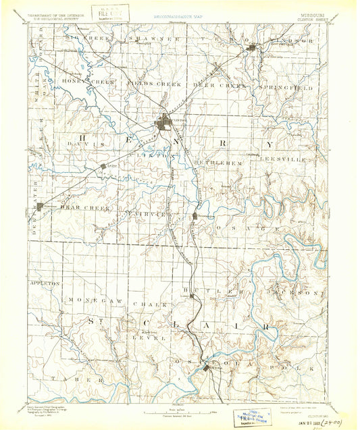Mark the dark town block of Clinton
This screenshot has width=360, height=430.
pos(164,123)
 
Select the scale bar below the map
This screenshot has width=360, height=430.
pos(180,408)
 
